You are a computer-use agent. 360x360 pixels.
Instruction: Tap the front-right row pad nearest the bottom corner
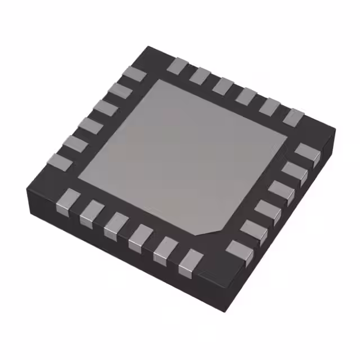(239, 250)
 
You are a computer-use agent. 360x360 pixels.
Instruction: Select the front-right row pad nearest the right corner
(308, 152)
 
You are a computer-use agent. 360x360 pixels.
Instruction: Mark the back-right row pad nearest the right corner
(293, 116)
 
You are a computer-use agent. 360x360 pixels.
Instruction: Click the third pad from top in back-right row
(223, 85)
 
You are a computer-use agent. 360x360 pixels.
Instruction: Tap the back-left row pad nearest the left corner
(60, 162)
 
